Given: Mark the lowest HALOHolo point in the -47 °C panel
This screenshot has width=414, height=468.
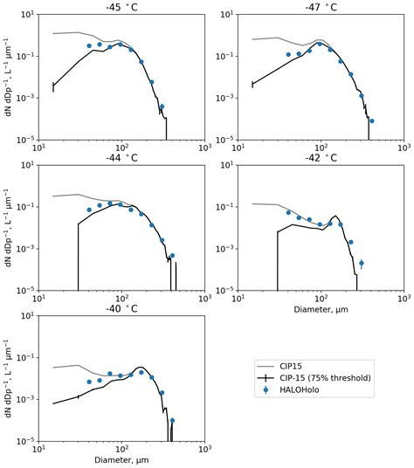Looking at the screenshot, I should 371,120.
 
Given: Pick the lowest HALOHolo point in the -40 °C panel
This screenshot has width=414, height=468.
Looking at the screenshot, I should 172,420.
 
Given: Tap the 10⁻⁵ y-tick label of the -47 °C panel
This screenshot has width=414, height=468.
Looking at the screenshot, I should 224,140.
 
